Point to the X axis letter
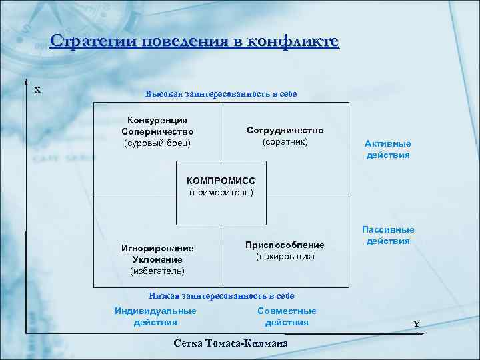click(x=38, y=89)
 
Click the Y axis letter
click(x=416, y=324)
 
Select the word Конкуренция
click(x=157, y=120)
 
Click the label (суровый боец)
click(x=157, y=143)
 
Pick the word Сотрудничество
click(x=285, y=131)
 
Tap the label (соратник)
click(x=285, y=142)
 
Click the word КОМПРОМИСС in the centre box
click(x=221, y=181)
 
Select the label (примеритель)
click(x=221, y=193)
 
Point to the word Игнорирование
click(x=157, y=248)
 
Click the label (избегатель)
click(x=157, y=271)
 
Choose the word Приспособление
click(x=285, y=245)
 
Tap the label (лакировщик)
click(x=285, y=256)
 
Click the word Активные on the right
click(x=388, y=143)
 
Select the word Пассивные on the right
click(x=388, y=229)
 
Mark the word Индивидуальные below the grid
click(x=155, y=311)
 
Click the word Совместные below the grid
click(x=287, y=311)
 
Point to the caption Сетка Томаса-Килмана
click(x=231, y=343)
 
